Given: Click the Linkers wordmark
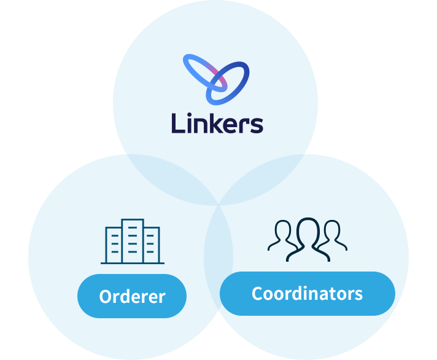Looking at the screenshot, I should [217, 123].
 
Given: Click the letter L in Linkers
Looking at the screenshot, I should [177, 123].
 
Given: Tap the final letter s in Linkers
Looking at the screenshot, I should [256, 125].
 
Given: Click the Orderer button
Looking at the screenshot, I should [132, 296].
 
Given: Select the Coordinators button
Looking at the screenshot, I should [307, 293].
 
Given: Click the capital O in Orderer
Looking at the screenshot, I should [107, 297].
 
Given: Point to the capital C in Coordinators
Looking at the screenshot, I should [258, 294].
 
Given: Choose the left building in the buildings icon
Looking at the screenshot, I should [114, 245].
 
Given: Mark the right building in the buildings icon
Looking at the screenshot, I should [152, 245].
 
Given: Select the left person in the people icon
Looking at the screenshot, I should [282, 236].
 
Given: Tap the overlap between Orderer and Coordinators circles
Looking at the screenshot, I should [218, 258].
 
